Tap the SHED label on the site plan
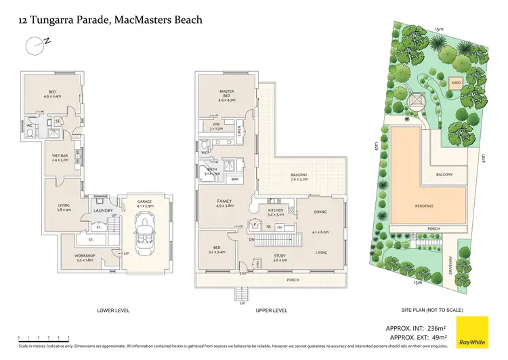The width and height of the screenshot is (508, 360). coord(457,84)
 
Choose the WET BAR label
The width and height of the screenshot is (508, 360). coord(61,157)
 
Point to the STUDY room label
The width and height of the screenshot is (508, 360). coord(280,257)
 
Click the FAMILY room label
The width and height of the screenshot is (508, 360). coord(225,202)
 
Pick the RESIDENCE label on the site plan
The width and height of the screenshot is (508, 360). coord(424,206)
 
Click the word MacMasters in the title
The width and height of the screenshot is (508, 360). coord(142,20)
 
